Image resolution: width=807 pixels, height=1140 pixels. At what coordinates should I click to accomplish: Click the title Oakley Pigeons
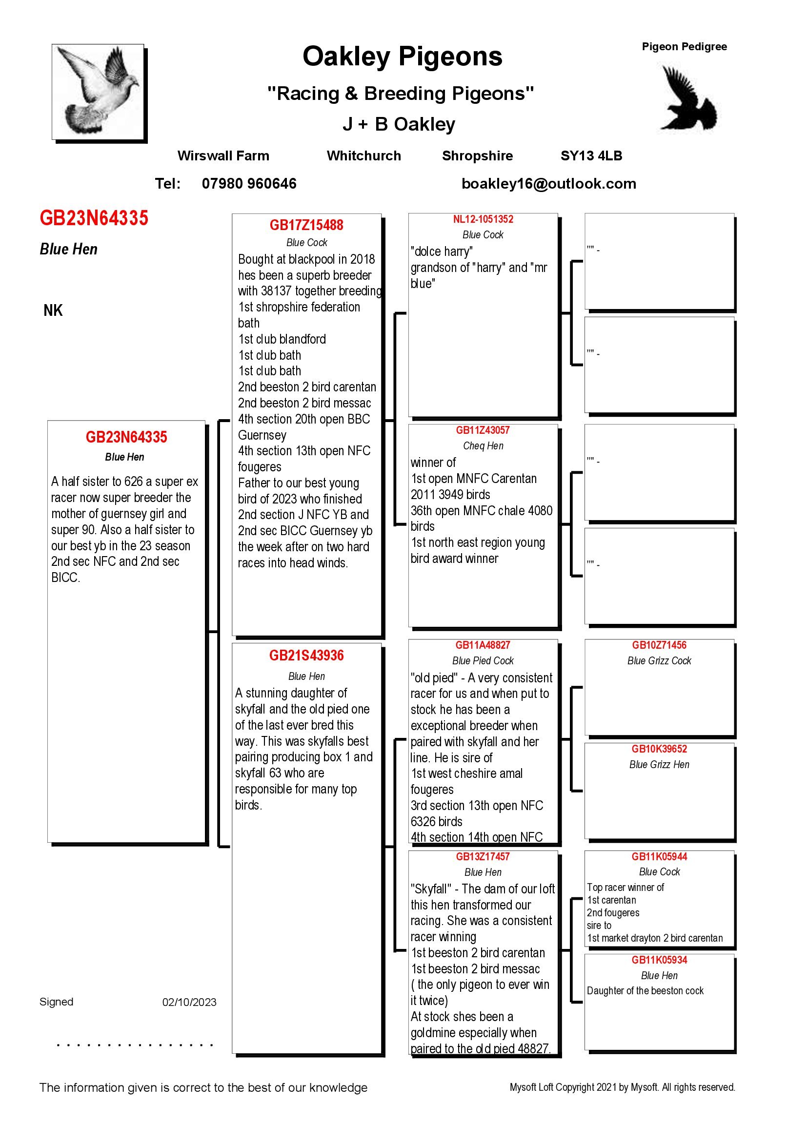403,57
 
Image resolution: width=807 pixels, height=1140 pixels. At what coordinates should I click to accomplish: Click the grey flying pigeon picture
99,91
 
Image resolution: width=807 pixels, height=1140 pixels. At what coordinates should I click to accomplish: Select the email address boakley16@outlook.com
548,184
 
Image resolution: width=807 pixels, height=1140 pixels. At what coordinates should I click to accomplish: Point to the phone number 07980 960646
249,184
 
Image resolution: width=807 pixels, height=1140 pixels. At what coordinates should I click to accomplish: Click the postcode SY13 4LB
591,156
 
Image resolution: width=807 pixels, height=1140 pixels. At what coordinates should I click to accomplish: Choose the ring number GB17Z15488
306,226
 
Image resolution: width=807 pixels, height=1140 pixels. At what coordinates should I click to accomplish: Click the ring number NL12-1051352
483,219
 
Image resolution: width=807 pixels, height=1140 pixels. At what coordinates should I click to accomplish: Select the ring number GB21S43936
306,656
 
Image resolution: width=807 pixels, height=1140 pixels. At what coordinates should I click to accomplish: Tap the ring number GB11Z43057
483,430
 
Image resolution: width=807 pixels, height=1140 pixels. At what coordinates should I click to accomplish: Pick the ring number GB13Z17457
483,856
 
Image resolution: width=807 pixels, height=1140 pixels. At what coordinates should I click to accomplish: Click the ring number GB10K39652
660,749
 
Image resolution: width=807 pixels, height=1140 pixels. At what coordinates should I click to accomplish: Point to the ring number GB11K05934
660,960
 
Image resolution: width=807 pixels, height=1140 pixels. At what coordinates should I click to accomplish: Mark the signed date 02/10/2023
189,1003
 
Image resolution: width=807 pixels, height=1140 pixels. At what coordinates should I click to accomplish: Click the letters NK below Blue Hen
53,311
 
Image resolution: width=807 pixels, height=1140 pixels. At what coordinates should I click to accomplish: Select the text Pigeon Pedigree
684,47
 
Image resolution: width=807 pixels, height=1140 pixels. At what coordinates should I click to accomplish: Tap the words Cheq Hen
483,446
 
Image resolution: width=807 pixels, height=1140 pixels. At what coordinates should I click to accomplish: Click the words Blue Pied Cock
483,661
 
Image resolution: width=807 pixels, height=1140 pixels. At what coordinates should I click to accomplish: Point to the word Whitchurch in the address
364,156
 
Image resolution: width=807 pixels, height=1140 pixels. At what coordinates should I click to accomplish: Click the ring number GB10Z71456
660,645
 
